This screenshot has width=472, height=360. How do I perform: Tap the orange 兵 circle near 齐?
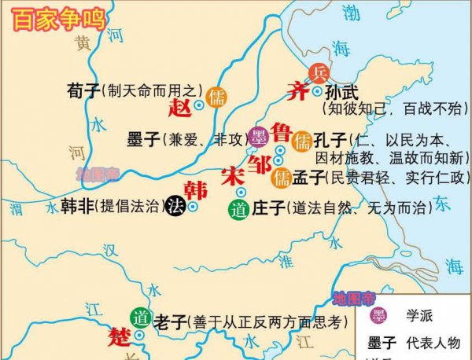click(x=319, y=73)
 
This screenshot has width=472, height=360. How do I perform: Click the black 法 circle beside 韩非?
click(x=176, y=207)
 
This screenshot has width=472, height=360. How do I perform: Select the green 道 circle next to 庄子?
click(x=238, y=209)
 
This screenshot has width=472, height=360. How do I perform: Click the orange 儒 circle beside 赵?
click(x=215, y=99)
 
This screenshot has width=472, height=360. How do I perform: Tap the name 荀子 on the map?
click(x=83, y=92)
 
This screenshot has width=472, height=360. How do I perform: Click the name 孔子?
click(x=330, y=142)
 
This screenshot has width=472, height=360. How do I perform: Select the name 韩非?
click(x=77, y=206)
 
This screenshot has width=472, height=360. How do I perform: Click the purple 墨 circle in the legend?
click(x=378, y=316)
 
